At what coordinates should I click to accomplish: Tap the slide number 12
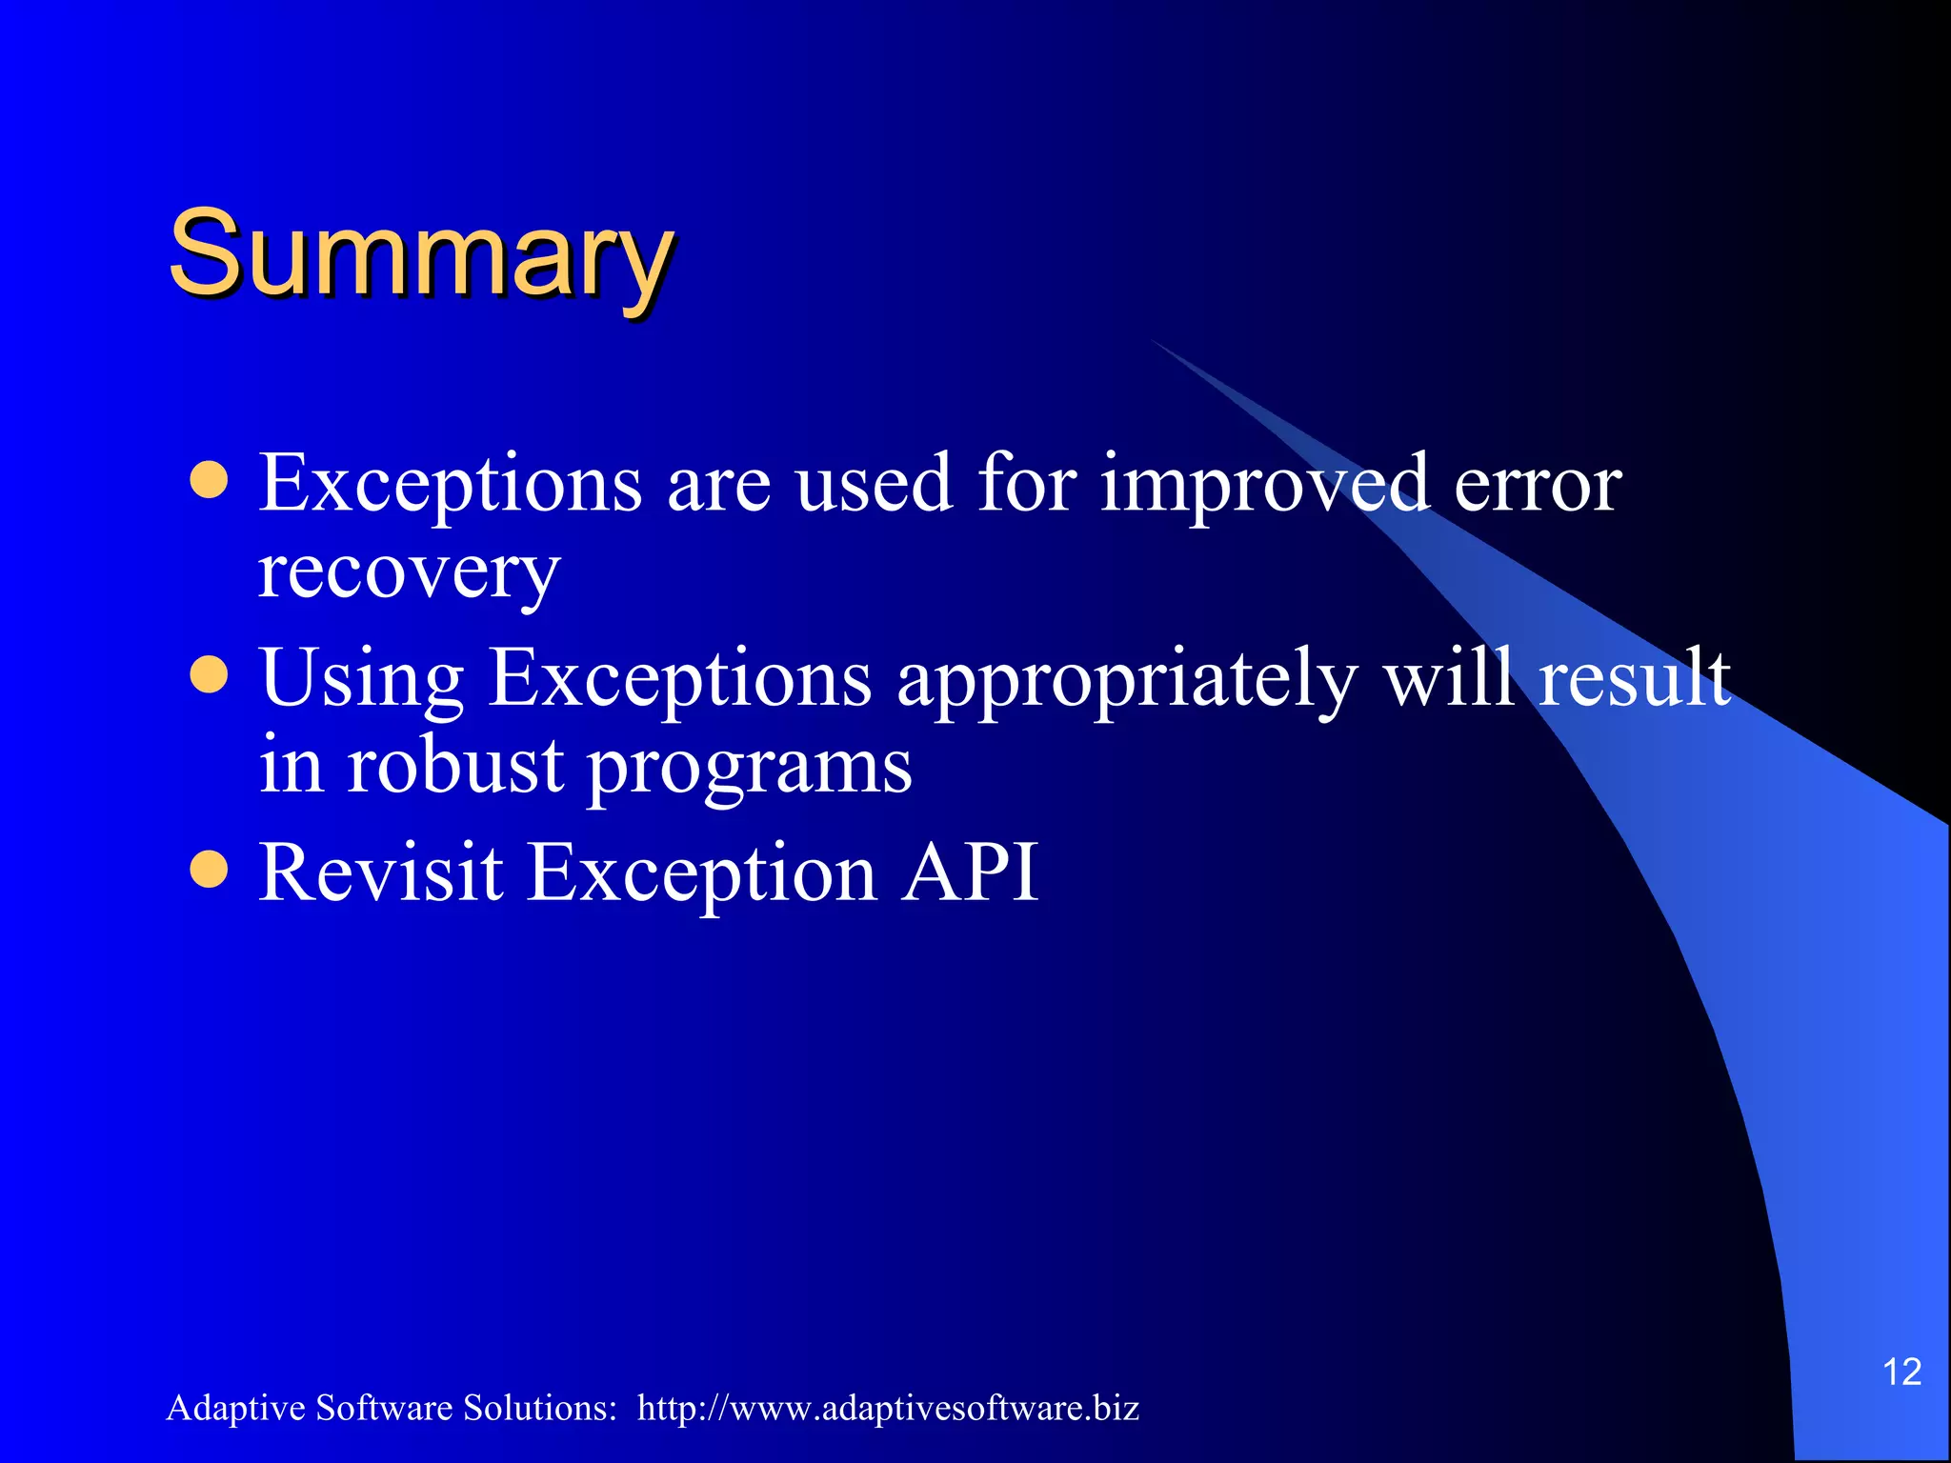[1901, 1373]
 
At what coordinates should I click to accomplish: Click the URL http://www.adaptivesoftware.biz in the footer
[888, 1408]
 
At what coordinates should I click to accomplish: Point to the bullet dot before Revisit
[209, 869]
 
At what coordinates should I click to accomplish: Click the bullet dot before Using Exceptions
[209, 675]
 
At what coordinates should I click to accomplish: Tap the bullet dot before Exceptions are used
[209, 481]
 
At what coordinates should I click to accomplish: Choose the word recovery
[409, 573]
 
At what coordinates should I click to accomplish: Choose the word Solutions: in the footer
[540, 1408]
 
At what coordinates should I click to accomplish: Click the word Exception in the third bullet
[701, 872]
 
